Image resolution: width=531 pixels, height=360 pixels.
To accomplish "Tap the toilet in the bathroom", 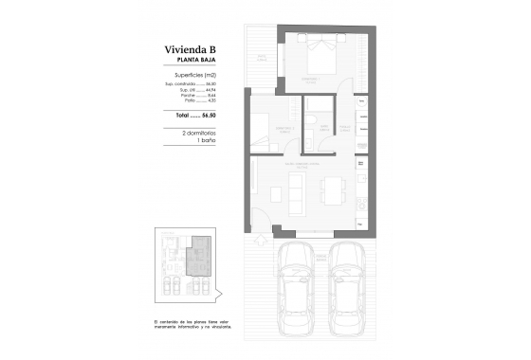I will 310,123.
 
